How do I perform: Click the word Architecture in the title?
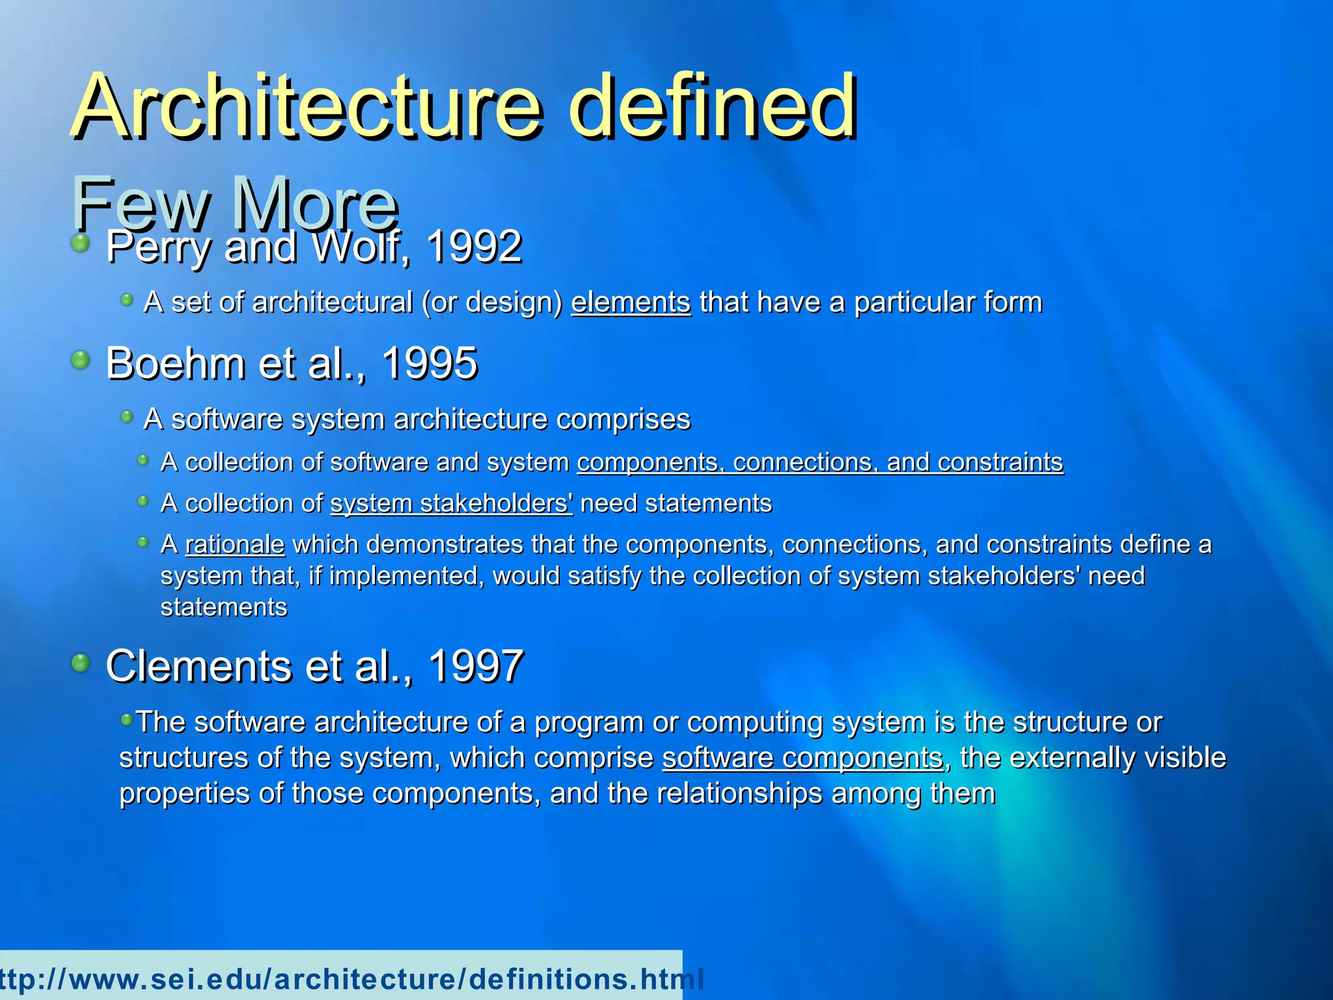click(306, 107)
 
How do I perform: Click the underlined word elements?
click(631, 303)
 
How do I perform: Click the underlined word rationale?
click(235, 544)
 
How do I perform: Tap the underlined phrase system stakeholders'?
click(452, 503)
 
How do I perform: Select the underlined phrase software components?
click(803, 758)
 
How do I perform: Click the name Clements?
click(198, 666)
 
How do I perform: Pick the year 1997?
click(476, 666)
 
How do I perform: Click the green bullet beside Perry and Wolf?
click(80, 244)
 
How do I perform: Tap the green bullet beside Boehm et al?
click(80, 359)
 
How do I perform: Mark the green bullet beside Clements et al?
click(80, 663)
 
